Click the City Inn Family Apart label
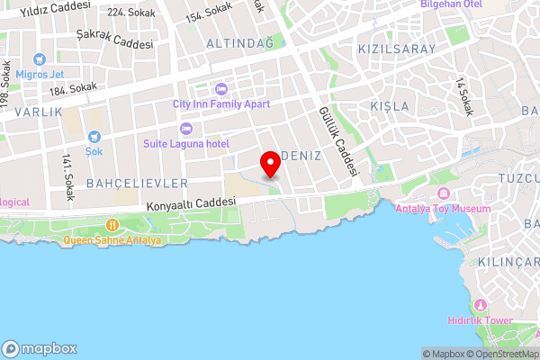click(x=220, y=103)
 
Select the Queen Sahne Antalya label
click(x=112, y=240)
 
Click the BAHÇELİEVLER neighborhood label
click(x=138, y=183)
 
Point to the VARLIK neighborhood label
click(x=39, y=112)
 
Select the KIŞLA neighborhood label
click(x=390, y=106)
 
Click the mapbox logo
click(x=40, y=348)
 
